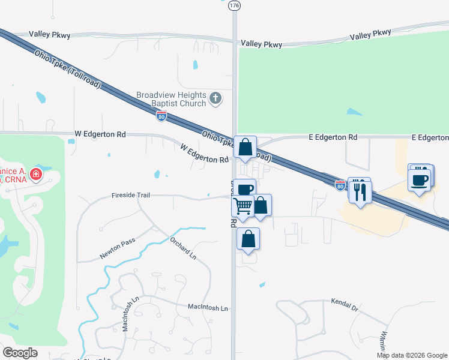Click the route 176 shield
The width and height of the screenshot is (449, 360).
234,5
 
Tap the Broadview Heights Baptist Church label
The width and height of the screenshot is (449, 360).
171,99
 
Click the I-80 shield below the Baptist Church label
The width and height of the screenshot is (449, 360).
161,116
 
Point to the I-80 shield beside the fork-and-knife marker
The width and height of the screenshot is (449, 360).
340,185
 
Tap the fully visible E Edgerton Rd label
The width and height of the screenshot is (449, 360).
333,137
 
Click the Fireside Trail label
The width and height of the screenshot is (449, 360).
130,196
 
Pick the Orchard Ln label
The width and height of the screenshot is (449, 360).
182,248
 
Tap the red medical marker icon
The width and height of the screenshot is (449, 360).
37,175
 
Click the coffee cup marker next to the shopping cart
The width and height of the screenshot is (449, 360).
244,188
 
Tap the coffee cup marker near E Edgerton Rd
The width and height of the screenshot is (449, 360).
420,178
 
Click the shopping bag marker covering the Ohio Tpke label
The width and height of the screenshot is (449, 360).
246,147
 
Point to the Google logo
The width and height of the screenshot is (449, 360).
20,353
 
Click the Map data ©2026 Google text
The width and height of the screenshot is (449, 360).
411,355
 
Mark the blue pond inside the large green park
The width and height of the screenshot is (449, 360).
354,112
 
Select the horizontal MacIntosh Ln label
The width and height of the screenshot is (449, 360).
208,308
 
